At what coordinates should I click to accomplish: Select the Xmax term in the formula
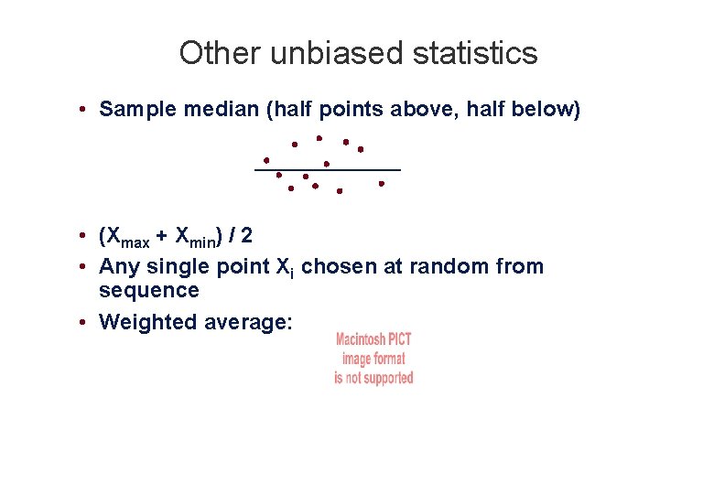click(127, 238)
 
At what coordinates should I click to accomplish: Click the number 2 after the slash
click(247, 236)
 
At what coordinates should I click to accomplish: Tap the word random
click(458, 267)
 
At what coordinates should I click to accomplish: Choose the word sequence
click(148, 291)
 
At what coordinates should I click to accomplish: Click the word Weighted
click(142, 322)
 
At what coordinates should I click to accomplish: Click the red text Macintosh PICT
click(373, 340)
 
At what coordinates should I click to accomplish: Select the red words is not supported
click(373, 378)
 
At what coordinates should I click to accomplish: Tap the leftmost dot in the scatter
click(266, 159)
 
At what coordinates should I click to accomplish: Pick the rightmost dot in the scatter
click(382, 183)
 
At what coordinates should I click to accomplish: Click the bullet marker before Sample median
click(82, 111)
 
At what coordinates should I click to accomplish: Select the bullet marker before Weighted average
click(82, 323)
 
